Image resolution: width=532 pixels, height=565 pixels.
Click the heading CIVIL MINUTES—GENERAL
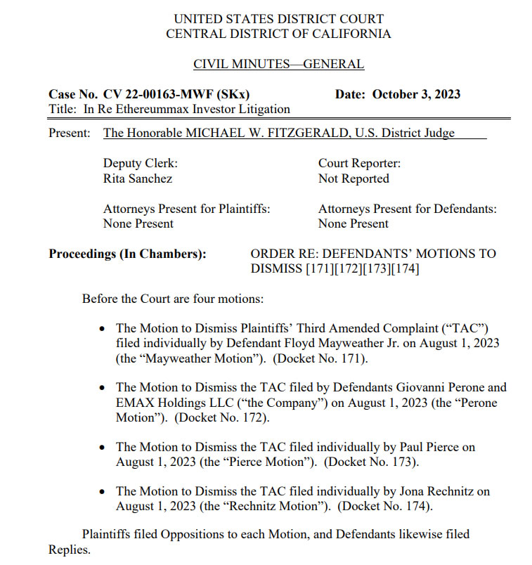click(x=278, y=65)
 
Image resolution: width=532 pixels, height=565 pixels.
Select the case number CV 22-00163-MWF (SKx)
click(x=176, y=94)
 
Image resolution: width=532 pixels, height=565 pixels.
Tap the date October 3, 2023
click(x=416, y=94)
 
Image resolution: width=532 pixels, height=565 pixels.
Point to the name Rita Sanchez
click(x=138, y=178)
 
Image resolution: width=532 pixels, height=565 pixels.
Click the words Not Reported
click(x=353, y=178)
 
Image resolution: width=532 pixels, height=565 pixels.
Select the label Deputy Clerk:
click(x=141, y=163)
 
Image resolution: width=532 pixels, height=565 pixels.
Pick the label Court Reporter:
click(x=359, y=163)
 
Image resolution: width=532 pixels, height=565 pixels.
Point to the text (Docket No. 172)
click(x=221, y=417)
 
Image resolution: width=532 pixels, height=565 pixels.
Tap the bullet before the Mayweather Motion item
click(x=103, y=328)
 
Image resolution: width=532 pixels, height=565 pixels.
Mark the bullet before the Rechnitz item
click(x=103, y=491)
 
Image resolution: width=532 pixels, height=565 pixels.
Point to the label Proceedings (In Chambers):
click(x=127, y=254)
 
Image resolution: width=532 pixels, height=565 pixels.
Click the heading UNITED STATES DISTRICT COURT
click(x=278, y=19)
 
